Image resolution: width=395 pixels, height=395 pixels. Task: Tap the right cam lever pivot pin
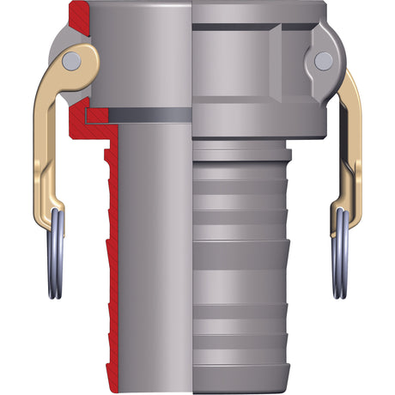323,60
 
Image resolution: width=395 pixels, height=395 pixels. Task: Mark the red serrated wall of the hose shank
112,258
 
